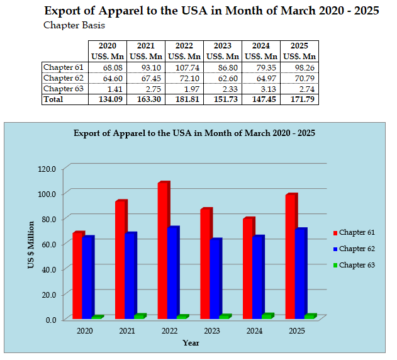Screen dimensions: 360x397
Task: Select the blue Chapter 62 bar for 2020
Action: click(87, 277)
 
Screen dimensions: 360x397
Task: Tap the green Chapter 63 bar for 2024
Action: click(267, 316)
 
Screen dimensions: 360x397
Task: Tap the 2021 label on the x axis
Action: click(126, 331)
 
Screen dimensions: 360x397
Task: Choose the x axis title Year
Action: click(191, 343)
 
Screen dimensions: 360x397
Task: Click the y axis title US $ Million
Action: click(30, 245)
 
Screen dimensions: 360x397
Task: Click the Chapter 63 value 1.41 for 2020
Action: click(109, 89)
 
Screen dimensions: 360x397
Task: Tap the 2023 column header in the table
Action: click(223, 46)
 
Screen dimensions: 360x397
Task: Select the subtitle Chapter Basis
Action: click(74, 25)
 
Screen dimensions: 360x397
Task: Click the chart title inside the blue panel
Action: click(194, 133)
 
